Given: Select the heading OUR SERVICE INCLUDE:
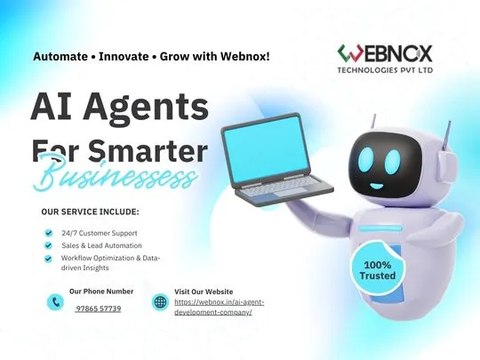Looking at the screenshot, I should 91,212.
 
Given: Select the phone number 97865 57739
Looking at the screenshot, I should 98,308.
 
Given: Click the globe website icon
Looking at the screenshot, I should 161,302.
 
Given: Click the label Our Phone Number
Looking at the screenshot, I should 101,291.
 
